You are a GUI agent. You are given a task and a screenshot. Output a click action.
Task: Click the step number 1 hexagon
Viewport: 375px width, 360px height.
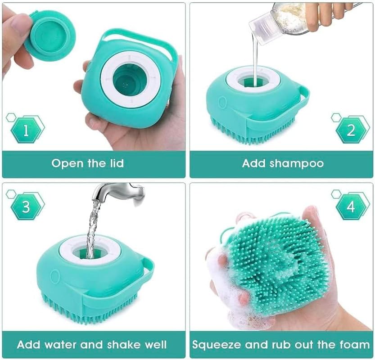point(26,130)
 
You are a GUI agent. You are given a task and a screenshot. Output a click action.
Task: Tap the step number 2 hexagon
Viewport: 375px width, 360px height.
point(351,130)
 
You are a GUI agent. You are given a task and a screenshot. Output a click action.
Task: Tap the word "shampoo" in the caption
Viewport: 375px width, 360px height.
point(298,163)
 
